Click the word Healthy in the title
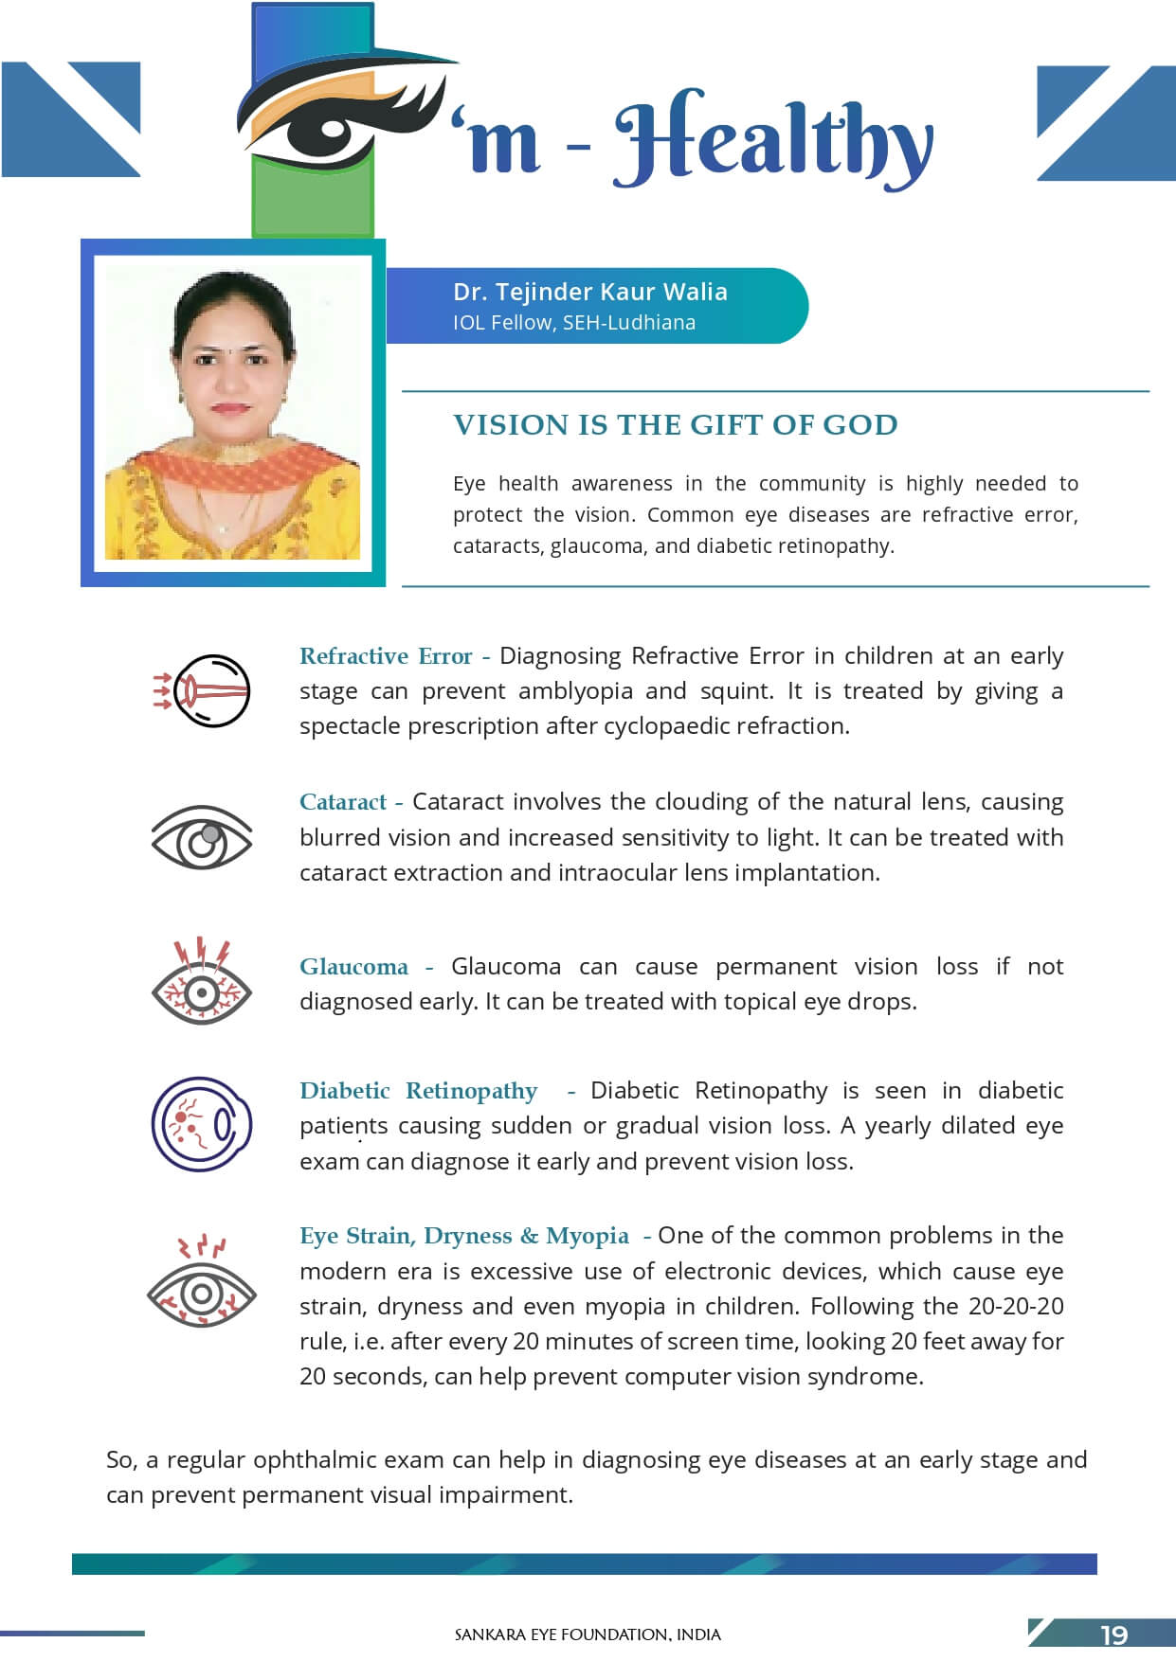click(x=772, y=140)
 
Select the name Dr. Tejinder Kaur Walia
click(x=589, y=292)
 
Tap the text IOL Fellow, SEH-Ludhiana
click(x=573, y=323)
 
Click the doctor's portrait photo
click(x=232, y=413)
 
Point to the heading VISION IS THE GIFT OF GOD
click(x=675, y=425)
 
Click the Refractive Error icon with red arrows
click(x=202, y=690)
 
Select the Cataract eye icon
click(x=202, y=837)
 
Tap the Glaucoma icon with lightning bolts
click(x=202, y=982)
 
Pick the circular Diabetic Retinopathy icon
click(x=202, y=1124)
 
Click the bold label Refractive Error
click(x=386, y=656)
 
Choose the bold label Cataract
click(x=343, y=802)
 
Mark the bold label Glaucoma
click(x=353, y=967)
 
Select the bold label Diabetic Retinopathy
click(x=418, y=1091)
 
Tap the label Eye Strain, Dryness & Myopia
click(x=463, y=1236)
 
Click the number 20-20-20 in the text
click(x=1016, y=1307)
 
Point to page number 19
click(x=1113, y=1635)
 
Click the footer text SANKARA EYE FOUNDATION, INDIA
click(x=588, y=1635)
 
